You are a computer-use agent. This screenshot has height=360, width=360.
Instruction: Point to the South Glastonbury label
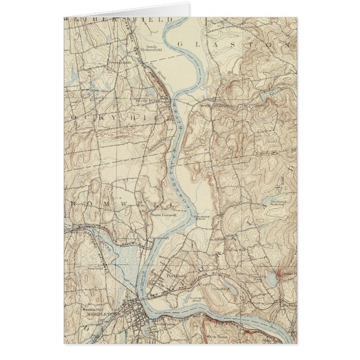pos(215,105)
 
